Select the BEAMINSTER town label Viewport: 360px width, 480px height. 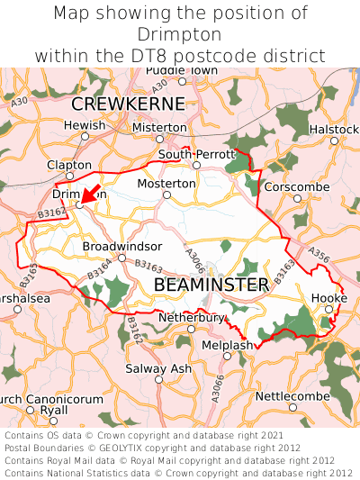(x=211, y=285)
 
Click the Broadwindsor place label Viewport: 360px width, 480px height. (x=122, y=246)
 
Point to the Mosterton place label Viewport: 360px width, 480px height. (x=166, y=183)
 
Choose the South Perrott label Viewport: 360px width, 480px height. (x=196, y=154)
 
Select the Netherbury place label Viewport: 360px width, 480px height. (x=191, y=317)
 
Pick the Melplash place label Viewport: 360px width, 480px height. (x=228, y=344)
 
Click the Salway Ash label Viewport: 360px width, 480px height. (x=158, y=368)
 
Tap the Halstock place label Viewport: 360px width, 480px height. (x=334, y=130)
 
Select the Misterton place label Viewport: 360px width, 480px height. (x=159, y=128)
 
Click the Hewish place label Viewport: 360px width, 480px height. (x=85, y=125)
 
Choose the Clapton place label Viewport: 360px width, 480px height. (x=69, y=165)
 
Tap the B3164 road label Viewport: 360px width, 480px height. (x=100, y=268)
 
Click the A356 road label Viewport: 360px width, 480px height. (x=319, y=258)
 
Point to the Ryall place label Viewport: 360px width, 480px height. (x=53, y=409)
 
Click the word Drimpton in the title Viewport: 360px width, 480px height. (x=180, y=34)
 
